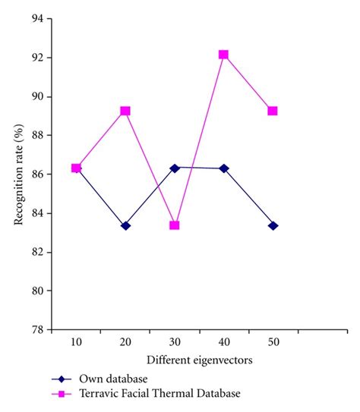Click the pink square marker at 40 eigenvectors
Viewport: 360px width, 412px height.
point(223,55)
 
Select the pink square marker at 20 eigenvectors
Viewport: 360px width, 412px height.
point(125,111)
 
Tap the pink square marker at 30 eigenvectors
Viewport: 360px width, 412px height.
point(175,225)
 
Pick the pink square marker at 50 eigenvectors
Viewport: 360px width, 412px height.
point(273,111)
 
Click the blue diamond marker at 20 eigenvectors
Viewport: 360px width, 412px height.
point(125,225)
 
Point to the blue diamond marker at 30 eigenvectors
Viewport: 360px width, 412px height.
point(175,168)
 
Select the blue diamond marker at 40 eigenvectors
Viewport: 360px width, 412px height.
point(223,168)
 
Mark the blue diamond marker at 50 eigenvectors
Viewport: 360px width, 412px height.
point(273,225)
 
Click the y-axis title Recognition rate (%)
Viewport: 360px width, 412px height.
point(17,175)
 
